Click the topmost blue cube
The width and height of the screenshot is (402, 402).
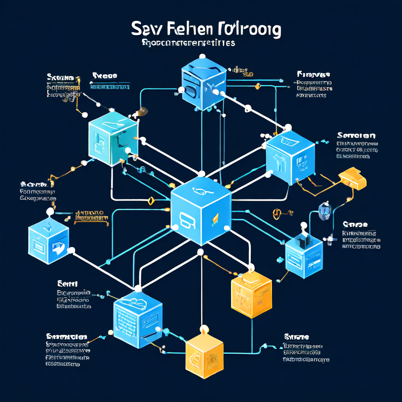203,82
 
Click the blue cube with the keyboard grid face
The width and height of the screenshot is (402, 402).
137,314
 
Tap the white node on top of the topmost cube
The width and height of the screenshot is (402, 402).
203,56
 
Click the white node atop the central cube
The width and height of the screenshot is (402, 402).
201,174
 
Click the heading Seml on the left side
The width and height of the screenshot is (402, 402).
68,283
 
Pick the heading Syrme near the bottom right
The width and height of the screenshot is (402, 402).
296,337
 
